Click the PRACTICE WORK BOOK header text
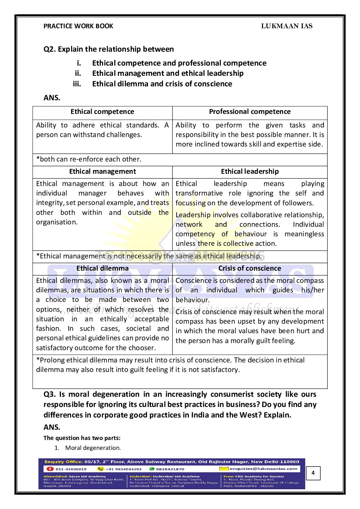[78, 26]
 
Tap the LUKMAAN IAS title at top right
[287, 26]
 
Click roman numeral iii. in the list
[77, 84]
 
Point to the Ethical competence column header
[102, 112]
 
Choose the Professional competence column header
[249, 112]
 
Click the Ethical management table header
[102, 172]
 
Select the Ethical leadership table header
[249, 172]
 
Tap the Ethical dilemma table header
[102, 269]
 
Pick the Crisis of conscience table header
[249, 269]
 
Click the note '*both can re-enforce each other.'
[88, 159]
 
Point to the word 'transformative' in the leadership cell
[199, 193]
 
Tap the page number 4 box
[313, 473]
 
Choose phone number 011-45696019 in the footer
[71, 469]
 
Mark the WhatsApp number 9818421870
[170, 469]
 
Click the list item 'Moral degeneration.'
[93, 448]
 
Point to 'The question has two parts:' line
[82, 438]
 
